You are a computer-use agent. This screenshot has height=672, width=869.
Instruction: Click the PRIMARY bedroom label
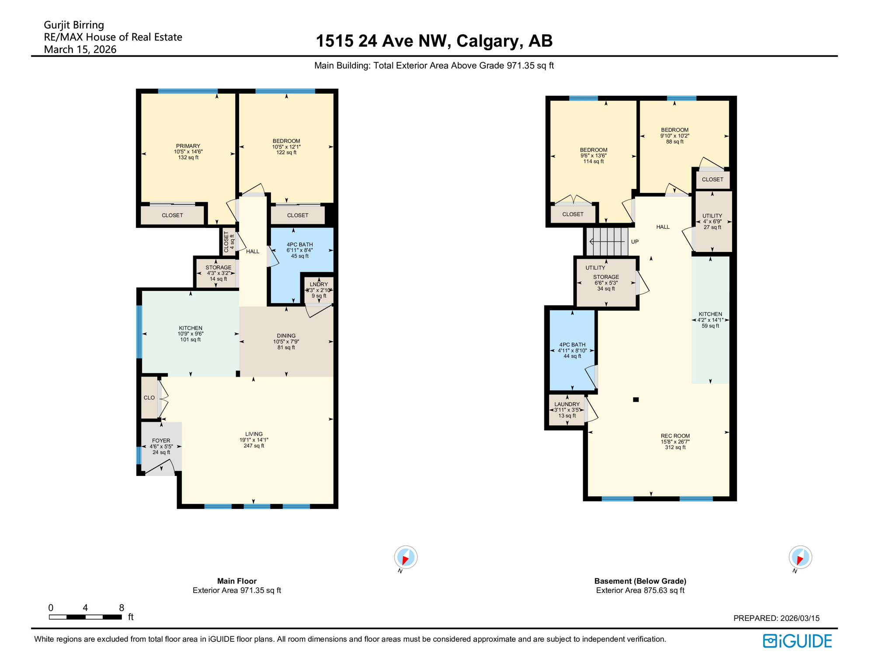[188, 146]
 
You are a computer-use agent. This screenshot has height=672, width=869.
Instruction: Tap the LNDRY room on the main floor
[319, 290]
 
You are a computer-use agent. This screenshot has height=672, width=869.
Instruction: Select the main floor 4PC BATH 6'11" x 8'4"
[299, 250]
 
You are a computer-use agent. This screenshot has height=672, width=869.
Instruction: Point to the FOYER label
[161, 441]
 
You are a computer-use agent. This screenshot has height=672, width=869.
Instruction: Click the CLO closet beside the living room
[149, 398]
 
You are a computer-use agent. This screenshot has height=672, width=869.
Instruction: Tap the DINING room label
[286, 336]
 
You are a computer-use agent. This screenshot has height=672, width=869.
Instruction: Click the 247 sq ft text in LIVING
[254, 446]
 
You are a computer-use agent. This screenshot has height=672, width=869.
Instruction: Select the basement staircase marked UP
[607, 241]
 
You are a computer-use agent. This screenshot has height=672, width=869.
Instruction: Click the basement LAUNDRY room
[567, 410]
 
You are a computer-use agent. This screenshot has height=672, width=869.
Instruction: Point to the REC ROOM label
[675, 436]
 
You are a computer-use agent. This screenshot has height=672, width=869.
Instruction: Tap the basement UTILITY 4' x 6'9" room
[712, 221]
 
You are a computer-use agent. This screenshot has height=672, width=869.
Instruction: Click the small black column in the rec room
[636, 399]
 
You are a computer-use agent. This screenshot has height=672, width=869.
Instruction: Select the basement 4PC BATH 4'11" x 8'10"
[572, 350]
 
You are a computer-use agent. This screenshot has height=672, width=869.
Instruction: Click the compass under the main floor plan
[406, 557]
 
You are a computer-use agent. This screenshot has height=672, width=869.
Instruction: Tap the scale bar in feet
[85, 617]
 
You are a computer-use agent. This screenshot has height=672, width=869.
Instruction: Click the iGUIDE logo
[797, 641]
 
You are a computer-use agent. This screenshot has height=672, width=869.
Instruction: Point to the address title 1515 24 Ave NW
[434, 41]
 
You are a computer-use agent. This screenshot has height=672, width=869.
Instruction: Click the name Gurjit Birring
[74, 25]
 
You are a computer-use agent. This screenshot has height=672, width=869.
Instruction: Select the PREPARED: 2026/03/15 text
[776, 618]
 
